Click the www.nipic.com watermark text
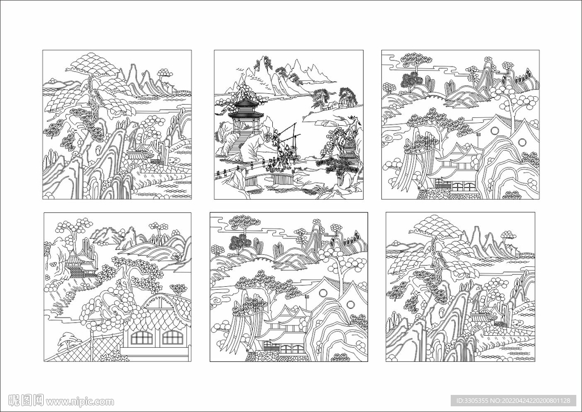[x=80, y=402]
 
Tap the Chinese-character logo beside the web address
[x=26, y=401]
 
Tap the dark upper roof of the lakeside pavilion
[x=244, y=102]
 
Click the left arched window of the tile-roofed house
[x=142, y=337]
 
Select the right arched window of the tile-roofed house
[x=173, y=337]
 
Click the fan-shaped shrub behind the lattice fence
[x=67, y=340]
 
